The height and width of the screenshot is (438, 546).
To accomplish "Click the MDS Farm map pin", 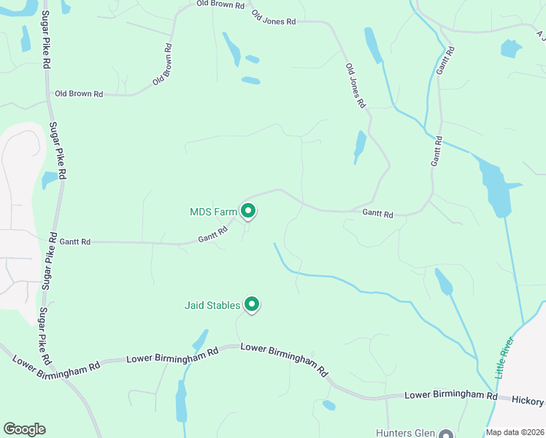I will (248, 212).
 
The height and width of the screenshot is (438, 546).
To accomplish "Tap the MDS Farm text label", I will (213, 212).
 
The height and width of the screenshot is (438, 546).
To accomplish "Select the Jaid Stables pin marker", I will (252, 304).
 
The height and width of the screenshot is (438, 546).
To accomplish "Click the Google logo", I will (24, 429).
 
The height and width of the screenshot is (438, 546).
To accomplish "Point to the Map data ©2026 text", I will (514, 432).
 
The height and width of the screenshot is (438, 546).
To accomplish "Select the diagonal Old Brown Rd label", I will (163, 64).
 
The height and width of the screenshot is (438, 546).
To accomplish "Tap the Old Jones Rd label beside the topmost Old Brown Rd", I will (273, 18).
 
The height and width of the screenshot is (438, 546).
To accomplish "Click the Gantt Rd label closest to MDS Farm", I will (213, 234).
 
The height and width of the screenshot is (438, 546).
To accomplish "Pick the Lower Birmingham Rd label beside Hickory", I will (450, 395).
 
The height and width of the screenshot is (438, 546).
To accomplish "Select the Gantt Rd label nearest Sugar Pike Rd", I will (74, 241).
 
